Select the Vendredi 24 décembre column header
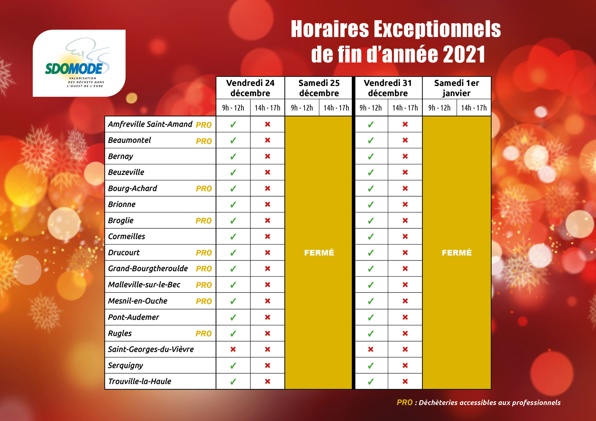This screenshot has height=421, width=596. [250, 88]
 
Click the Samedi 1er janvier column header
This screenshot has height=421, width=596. [457, 88]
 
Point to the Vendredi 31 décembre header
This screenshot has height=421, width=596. [388, 88]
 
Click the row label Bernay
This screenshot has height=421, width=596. [120, 156]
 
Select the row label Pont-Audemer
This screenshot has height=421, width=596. [133, 317]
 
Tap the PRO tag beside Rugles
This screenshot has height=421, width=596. [203, 334]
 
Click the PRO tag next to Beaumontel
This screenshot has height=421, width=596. [204, 141]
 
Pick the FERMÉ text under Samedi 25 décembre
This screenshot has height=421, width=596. [319, 252]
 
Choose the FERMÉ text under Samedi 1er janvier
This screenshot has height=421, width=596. [457, 252]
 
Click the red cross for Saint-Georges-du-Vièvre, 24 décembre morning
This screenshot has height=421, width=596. [233, 349]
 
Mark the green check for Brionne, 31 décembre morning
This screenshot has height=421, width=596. [371, 204]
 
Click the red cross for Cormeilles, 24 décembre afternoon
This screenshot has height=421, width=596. [267, 236]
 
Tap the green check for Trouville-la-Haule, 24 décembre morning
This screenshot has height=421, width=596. [233, 381]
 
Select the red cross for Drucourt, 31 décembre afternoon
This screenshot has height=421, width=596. [405, 252]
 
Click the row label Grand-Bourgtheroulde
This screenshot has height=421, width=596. [148, 268]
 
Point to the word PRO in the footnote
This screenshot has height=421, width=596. [404, 402]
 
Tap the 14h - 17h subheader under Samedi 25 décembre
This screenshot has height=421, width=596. [336, 108]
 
